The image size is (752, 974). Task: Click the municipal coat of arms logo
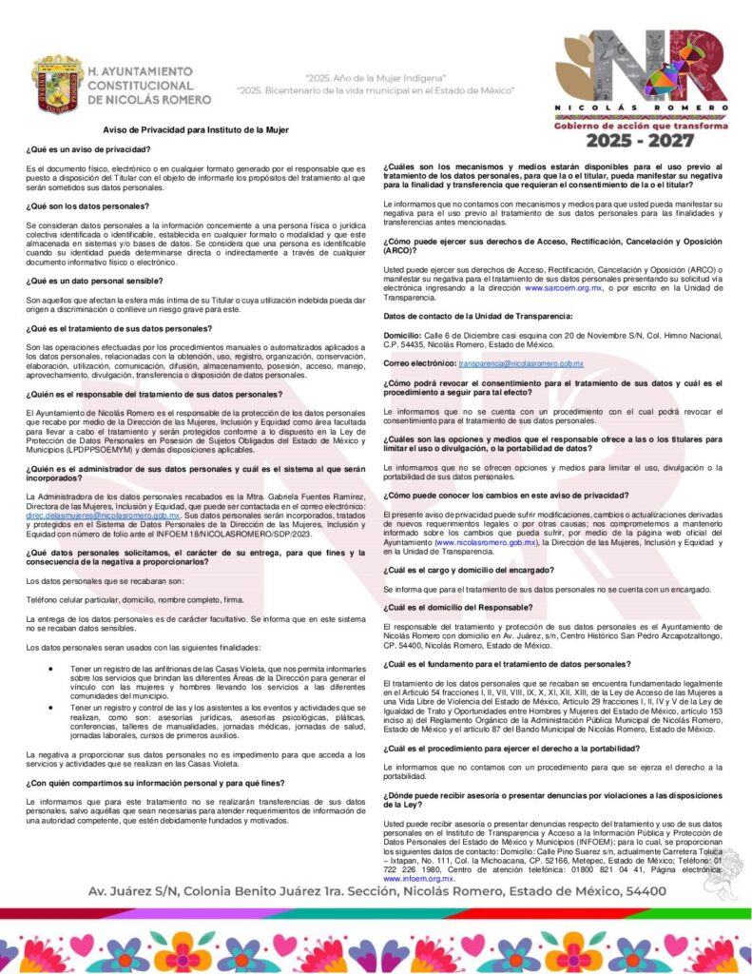57,84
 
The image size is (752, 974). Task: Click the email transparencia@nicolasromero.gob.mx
521,363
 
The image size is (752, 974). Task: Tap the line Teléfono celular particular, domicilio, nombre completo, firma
135,599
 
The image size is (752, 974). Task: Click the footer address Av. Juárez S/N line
376,891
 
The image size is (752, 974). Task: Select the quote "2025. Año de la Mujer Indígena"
376,76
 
